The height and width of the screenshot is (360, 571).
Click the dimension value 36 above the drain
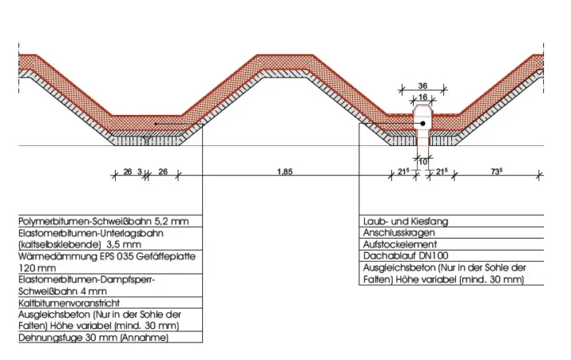click(x=423, y=86)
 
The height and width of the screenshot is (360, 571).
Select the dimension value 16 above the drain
click(x=423, y=97)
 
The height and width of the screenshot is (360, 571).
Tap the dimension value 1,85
click(x=285, y=171)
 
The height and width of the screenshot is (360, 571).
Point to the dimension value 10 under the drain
click(x=423, y=162)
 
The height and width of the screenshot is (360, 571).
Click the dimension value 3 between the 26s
click(x=140, y=171)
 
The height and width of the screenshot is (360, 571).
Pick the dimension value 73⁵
click(x=496, y=171)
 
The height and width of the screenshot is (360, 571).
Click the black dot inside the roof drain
click(x=423, y=124)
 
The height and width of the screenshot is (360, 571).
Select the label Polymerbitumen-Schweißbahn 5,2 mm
click(x=104, y=221)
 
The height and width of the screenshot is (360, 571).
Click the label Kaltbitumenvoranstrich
click(x=69, y=303)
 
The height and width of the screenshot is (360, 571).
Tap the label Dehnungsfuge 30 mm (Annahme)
click(x=94, y=338)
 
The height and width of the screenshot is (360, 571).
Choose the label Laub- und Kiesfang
click(x=406, y=221)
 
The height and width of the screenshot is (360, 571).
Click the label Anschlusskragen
click(x=399, y=232)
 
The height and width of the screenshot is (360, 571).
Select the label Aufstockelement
click(x=400, y=244)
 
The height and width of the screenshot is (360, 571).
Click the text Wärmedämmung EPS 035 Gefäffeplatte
click(x=107, y=256)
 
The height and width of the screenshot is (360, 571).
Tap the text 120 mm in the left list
click(x=37, y=268)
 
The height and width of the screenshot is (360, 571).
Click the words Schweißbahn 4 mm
click(x=63, y=291)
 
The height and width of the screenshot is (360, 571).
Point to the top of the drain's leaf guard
click(x=423, y=105)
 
